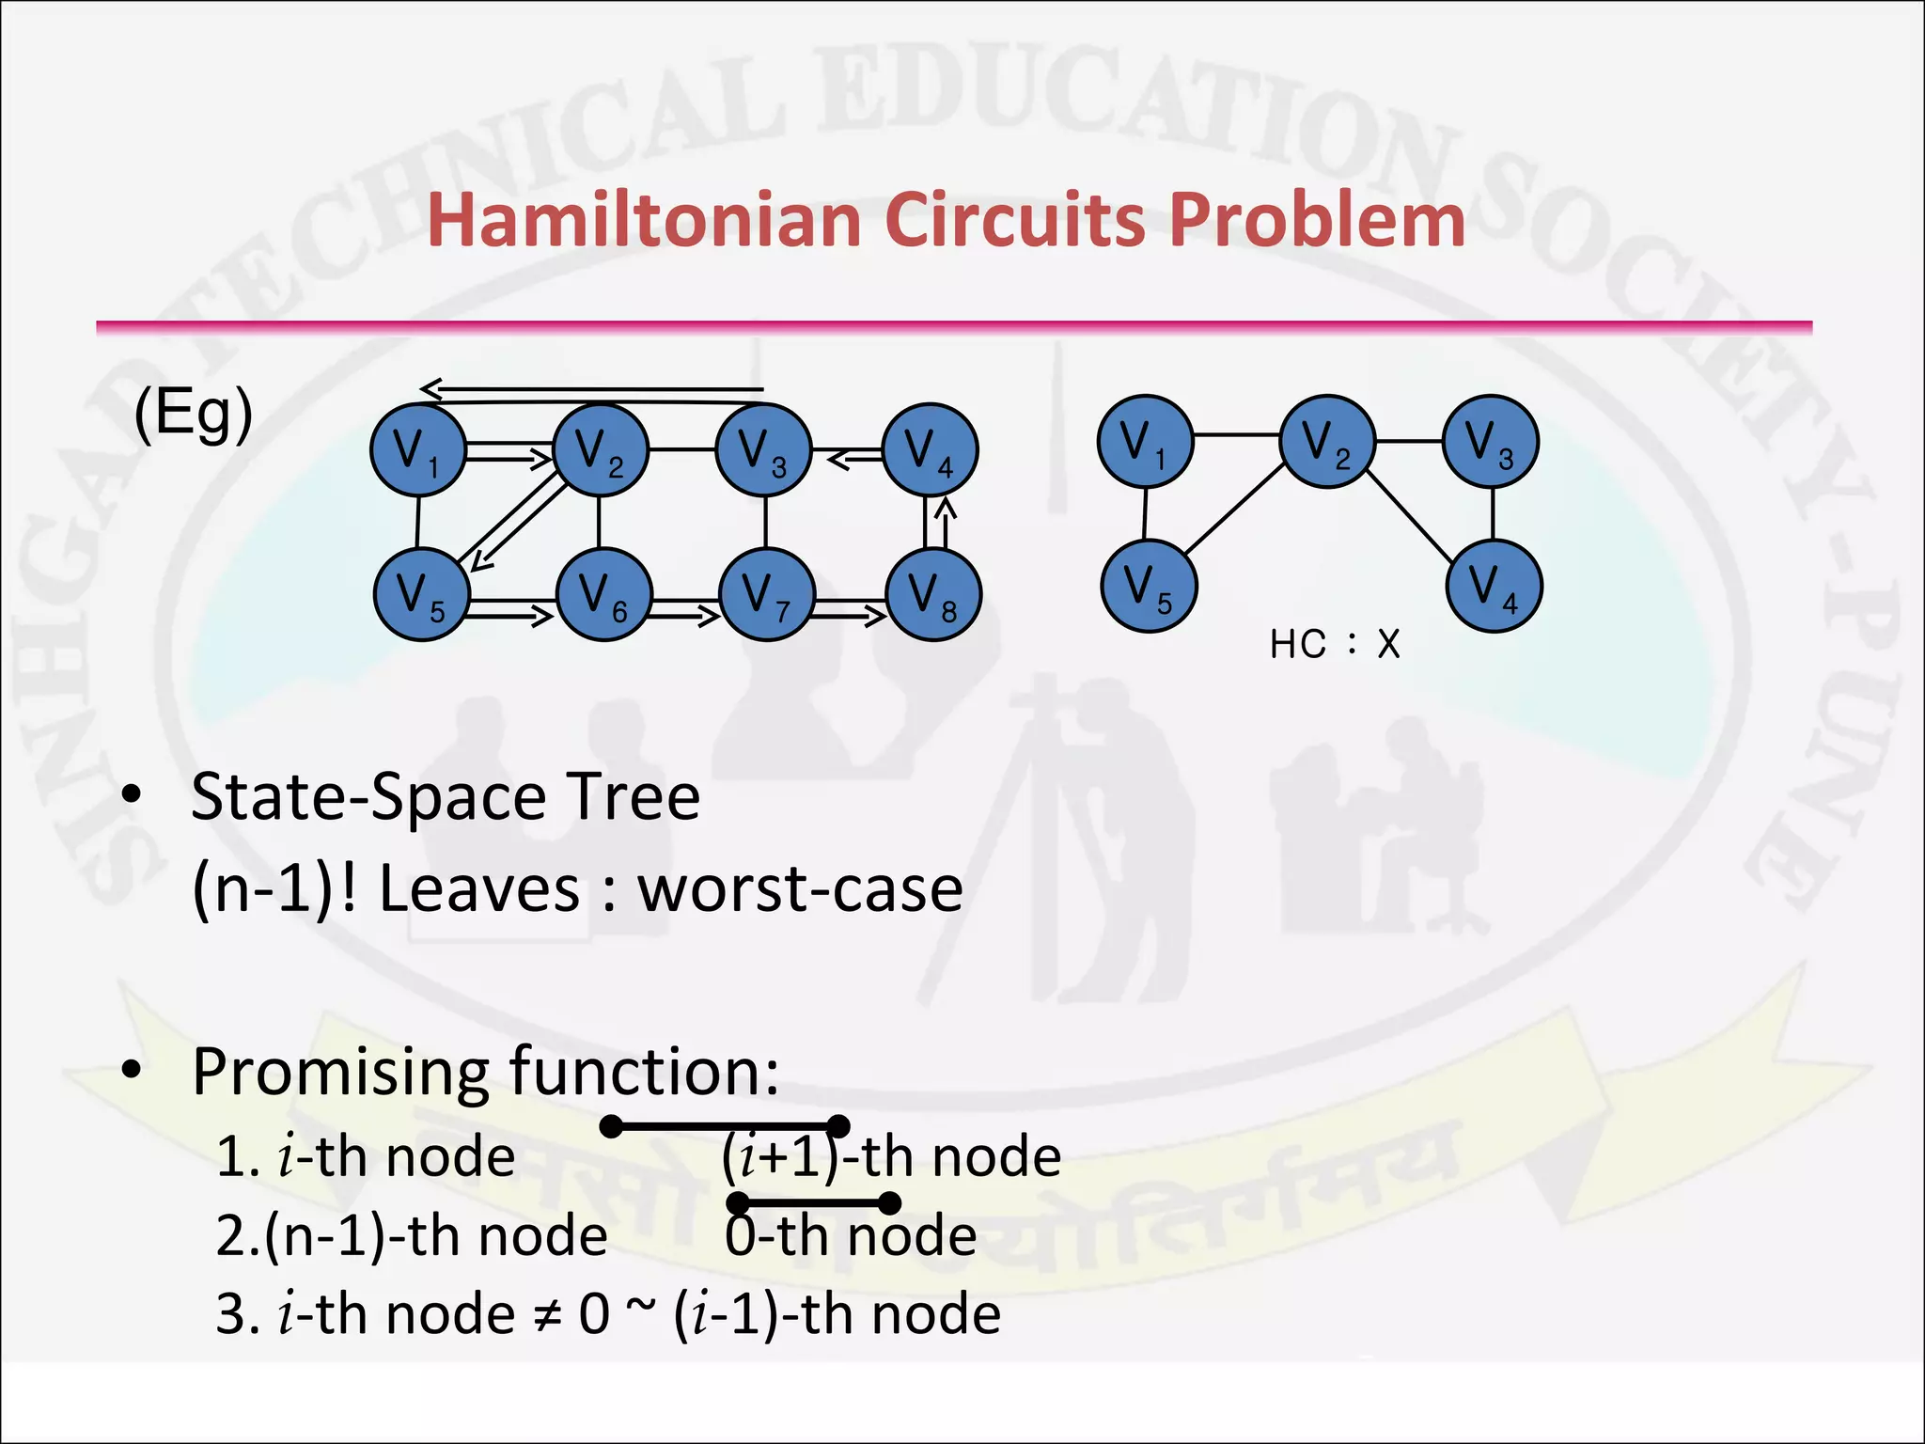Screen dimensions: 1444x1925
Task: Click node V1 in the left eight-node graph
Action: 418,450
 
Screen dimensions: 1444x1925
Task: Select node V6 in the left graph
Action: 604,594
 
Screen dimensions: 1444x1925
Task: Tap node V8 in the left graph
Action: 933,594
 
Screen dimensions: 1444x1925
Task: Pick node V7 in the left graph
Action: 767,594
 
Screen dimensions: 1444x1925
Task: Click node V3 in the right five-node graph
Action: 1491,441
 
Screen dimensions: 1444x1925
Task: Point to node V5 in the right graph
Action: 1149,586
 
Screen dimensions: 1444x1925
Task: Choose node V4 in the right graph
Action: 1495,586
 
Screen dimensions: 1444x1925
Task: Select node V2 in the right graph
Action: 1327,441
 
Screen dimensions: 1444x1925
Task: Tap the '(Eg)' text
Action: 194,414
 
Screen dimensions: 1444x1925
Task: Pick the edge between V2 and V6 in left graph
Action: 600,522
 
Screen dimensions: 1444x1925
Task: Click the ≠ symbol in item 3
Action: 546,1315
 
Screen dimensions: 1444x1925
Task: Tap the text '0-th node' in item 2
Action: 851,1235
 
